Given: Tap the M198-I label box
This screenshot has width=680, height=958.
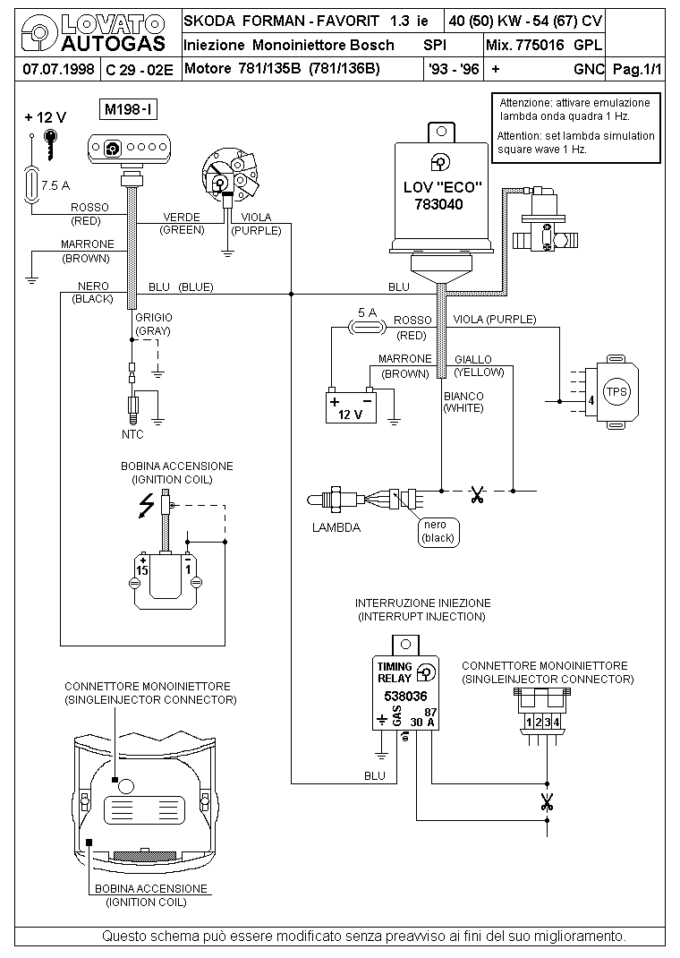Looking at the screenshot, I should click(x=126, y=110).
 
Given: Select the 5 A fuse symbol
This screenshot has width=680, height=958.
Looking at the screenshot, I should click(x=367, y=329).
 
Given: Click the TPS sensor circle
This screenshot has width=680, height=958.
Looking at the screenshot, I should click(x=616, y=391).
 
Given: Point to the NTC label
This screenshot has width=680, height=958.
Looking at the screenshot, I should click(x=132, y=434).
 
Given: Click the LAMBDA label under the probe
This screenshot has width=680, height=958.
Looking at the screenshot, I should click(x=336, y=527).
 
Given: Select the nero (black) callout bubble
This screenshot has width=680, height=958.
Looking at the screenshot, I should click(x=438, y=531).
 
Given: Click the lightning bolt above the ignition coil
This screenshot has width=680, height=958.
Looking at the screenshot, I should click(x=143, y=507).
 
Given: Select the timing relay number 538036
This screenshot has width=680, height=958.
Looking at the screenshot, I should click(x=405, y=696).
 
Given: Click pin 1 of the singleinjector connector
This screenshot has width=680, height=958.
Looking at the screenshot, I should click(x=529, y=722).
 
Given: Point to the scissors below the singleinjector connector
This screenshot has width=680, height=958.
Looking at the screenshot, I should click(x=547, y=801).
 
